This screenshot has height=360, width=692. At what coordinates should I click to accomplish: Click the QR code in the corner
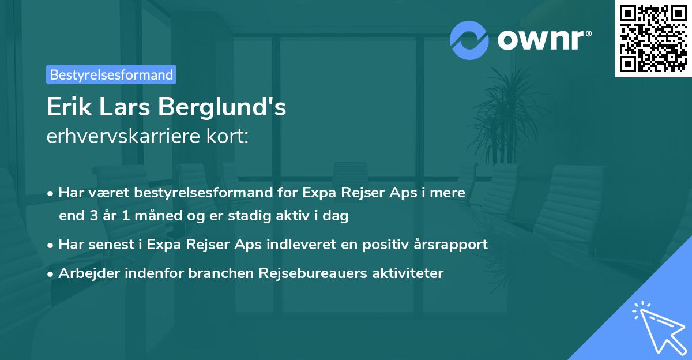(653, 38)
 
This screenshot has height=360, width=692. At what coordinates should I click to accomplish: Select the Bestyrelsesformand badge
(111, 74)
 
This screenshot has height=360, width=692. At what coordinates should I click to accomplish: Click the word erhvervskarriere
(118, 137)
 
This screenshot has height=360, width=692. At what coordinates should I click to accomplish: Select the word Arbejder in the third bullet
(86, 273)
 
